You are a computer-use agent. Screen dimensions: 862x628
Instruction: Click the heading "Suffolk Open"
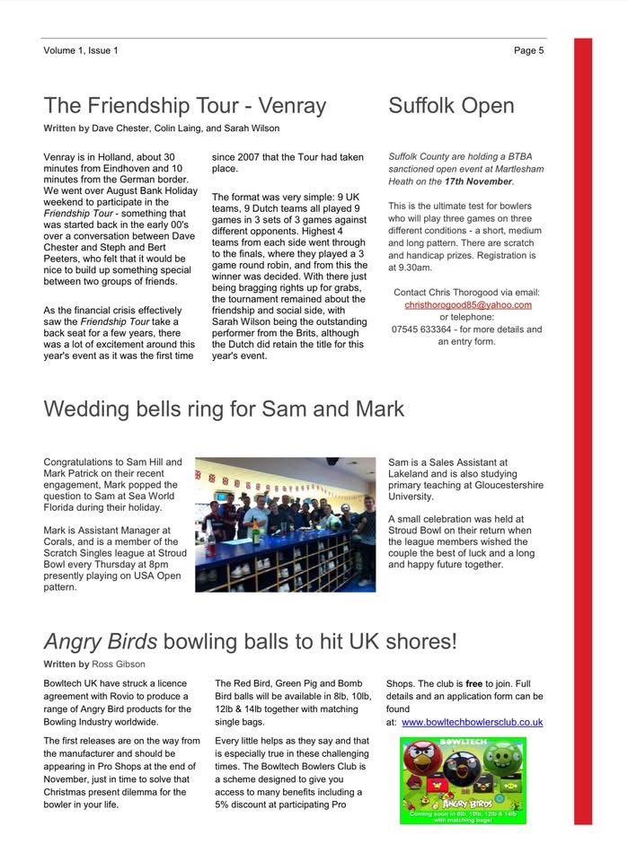pyautogui.click(x=451, y=106)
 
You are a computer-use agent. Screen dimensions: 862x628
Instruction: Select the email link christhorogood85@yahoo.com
pyautogui.click(x=467, y=304)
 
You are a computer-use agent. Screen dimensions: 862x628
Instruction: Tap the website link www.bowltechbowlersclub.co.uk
pyautogui.click(x=472, y=722)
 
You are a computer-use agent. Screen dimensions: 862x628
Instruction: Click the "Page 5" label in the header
pyautogui.click(x=528, y=50)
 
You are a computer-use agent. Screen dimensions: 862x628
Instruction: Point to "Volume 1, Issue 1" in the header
pyautogui.click(x=81, y=50)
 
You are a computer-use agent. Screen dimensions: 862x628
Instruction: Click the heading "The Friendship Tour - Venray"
pyautogui.click(x=185, y=106)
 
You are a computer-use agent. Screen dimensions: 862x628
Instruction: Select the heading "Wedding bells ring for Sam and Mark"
pyautogui.click(x=224, y=409)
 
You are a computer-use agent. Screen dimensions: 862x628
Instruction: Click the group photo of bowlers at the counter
pyautogui.click(x=285, y=524)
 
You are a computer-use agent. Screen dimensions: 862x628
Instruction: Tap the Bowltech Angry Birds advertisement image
pyautogui.click(x=463, y=780)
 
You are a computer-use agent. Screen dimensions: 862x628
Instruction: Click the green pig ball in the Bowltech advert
pyautogui.click(x=504, y=760)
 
